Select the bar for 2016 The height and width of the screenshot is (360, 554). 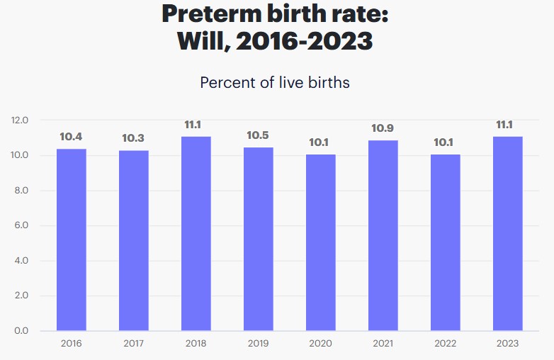click(x=72, y=240)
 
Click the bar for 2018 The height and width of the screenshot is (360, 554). click(x=196, y=233)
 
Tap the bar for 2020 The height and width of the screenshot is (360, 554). click(x=321, y=242)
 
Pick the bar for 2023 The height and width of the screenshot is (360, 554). click(x=508, y=233)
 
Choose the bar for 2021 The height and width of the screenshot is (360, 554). click(x=383, y=235)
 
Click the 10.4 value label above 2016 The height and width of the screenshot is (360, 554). click(x=72, y=137)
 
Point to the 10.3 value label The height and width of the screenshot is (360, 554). click(x=134, y=138)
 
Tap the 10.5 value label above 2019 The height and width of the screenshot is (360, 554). click(x=259, y=135)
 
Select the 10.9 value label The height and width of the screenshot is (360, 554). click(x=383, y=128)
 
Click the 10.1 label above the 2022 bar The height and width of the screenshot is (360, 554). click(x=446, y=142)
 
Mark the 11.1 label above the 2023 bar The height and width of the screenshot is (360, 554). click(x=508, y=125)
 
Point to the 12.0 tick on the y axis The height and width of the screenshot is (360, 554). click(x=20, y=120)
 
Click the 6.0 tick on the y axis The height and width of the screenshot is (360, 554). click(x=20, y=226)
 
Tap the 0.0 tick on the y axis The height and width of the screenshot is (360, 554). click(x=20, y=331)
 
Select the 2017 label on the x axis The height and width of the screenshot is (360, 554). click(x=134, y=344)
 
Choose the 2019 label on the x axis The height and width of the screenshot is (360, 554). click(x=259, y=344)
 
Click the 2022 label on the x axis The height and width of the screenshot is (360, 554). click(x=446, y=344)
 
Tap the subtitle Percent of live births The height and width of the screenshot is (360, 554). click(x=275, y=82)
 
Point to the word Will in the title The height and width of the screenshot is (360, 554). click(x=201, y=41)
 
